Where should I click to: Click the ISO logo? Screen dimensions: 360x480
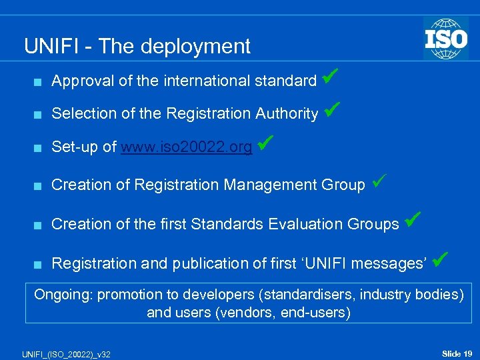click(446, 38)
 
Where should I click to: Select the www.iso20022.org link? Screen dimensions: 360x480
click(186, 147)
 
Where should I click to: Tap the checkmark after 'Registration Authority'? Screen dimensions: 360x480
click(333, 108)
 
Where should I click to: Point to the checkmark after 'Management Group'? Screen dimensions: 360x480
click(379, 180)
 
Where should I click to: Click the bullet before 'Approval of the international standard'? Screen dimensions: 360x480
click(37, 81)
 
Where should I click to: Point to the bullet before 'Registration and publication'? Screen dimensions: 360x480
click(37, 264)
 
